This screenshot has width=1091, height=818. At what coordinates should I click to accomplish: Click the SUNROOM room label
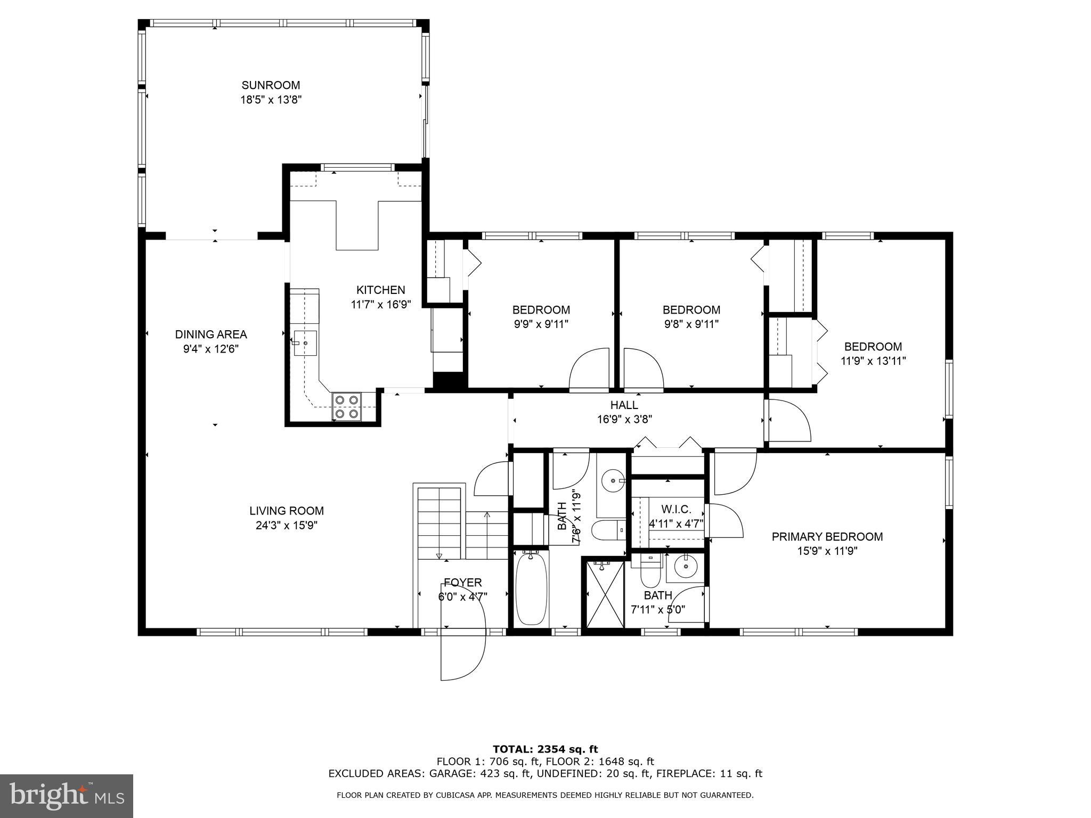[x=271, y=85]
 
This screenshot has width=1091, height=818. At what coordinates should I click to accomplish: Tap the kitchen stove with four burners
[x=346, y=406]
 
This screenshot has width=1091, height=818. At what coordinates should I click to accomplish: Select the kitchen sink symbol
[x=305, y=343]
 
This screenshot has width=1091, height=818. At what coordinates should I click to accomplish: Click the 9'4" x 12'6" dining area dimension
[x=211, y=349]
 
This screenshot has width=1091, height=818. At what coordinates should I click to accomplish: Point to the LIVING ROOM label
[x=287, y=511]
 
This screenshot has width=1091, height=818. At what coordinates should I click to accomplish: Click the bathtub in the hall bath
[x=532, y=590]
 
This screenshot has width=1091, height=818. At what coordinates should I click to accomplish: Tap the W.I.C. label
[x=676, y=509]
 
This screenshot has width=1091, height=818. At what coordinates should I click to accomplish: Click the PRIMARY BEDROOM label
[x=827, y=537]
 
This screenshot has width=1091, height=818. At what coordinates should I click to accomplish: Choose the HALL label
[x=624, y=405]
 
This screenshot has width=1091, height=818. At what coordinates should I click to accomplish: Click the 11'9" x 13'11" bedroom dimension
[x=873, y=361]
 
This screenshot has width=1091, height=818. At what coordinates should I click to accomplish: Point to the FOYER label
[x=462, y=583]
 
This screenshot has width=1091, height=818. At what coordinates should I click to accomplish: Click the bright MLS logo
[x=66, y=796]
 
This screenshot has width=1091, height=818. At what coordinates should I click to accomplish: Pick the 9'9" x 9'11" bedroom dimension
[x=541, y=324]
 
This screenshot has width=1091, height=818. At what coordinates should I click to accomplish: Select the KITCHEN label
[x=380, y=290]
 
